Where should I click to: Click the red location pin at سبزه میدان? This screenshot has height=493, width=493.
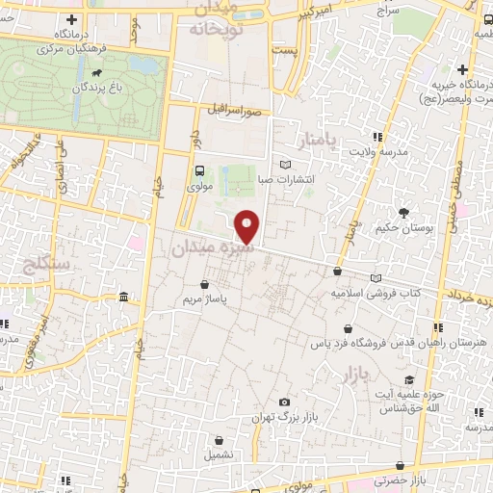247,227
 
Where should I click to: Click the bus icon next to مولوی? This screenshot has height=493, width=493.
198,169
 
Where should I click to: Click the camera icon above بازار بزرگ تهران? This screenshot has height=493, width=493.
284,402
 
